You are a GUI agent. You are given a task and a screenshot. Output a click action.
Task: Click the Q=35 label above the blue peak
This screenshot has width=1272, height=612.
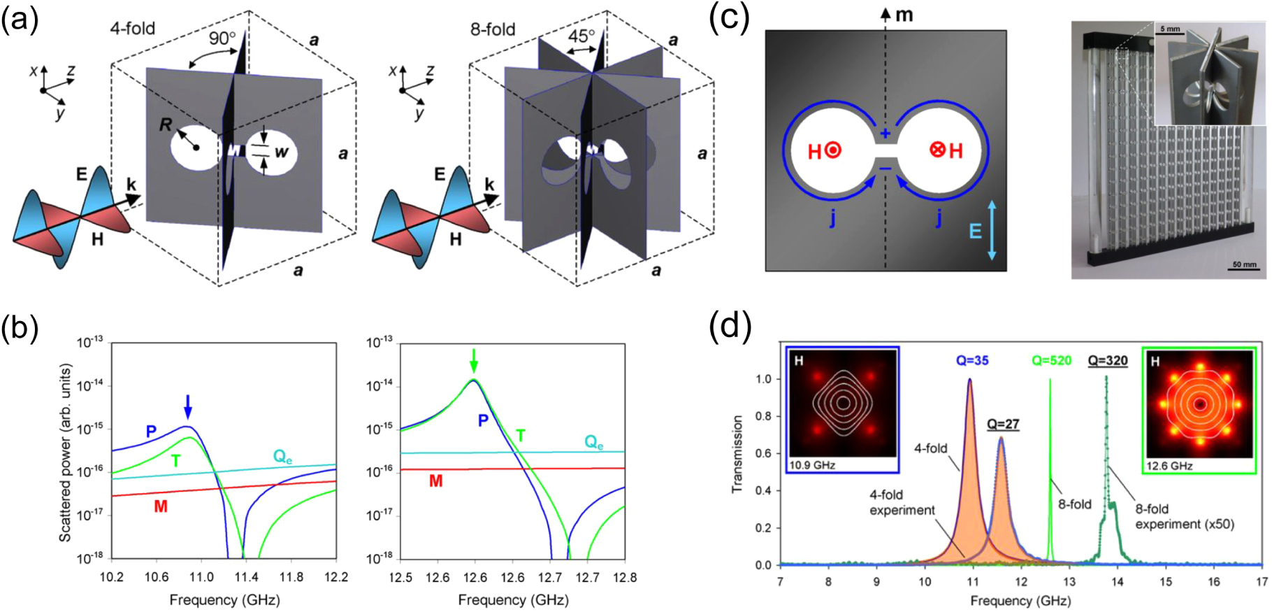tap(972, 360)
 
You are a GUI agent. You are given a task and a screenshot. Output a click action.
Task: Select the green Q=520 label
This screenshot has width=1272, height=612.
tap(1051, 360)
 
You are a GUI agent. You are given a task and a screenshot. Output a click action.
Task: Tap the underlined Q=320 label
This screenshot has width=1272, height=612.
tap(1108, 360)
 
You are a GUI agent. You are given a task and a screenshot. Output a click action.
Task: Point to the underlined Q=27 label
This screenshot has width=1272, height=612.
tap(1003, 424)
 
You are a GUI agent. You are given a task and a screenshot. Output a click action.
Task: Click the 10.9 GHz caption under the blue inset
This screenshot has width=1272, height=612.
tap(812, 465)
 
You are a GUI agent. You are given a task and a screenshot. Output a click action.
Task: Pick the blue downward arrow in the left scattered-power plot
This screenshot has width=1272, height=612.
tap(187, 406)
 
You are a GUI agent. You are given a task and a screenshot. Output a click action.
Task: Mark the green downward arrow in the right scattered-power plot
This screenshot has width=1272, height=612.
tap(475, 360)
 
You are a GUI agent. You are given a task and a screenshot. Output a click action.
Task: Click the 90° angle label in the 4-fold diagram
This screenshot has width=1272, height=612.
tap(222, 38)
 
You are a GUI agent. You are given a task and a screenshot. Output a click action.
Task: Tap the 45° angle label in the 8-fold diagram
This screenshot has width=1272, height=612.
tap(581, 35)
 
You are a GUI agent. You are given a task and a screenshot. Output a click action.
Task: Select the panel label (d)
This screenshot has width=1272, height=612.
tap(730, 326)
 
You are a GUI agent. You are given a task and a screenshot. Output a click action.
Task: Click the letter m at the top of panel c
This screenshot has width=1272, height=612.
tap(904, 15)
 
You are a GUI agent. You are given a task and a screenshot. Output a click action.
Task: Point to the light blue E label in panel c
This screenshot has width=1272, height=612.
tap(975, 231)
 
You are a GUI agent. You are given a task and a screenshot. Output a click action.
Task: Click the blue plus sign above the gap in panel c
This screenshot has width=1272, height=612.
tap(886, 134)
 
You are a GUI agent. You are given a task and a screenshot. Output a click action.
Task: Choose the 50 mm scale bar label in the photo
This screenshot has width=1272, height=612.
tap(1244, 264)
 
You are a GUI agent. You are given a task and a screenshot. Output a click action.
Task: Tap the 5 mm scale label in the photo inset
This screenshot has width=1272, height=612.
tap(1170, 29)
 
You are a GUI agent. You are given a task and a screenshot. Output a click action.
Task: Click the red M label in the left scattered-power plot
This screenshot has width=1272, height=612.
tap(161, 506)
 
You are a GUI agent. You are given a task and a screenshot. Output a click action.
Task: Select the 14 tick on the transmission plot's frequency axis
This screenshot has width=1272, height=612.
tap(1118, 581)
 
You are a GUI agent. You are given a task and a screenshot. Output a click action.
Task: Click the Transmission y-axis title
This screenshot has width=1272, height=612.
tap(737, 454)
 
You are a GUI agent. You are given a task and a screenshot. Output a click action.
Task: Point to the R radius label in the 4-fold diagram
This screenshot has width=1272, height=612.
tap(166, 125)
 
